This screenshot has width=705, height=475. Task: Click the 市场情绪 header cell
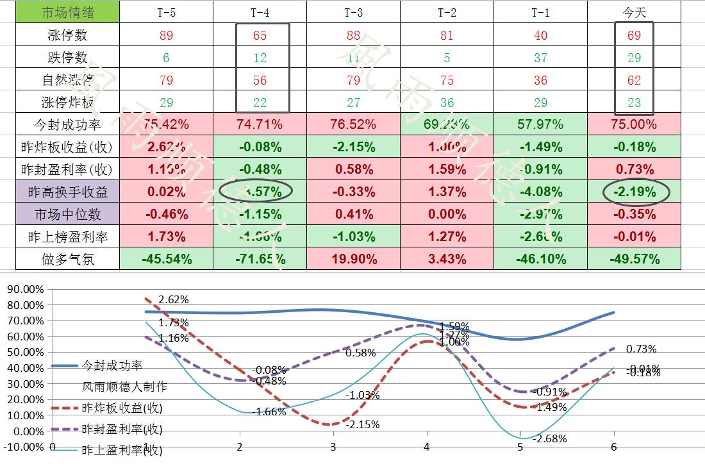(67, 12)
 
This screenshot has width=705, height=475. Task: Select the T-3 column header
(353, 12)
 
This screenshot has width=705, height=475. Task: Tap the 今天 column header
(634, 12)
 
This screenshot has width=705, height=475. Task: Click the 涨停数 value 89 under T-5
(166, 35)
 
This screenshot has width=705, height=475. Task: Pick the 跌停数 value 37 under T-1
(540, 58)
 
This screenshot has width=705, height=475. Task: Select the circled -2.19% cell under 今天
(634, 191)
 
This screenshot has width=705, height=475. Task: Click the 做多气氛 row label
(67, 259)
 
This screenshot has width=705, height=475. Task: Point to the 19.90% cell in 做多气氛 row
(353, 259)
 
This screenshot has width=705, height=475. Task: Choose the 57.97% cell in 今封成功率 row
(540, 124)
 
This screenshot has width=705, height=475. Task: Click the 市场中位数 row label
(67, 214)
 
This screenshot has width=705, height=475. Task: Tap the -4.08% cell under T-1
(540, 192)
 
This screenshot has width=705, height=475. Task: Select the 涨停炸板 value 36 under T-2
(447, 103)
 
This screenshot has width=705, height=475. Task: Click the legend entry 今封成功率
(112, 365)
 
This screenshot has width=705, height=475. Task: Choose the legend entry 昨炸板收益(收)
(122, 408)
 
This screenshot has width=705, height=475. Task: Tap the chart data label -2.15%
(362, 424)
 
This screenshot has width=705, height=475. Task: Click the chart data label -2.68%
(549, 439)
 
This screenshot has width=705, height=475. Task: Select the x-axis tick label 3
(333, 447)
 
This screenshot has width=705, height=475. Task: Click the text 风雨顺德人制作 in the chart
(124, 387)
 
